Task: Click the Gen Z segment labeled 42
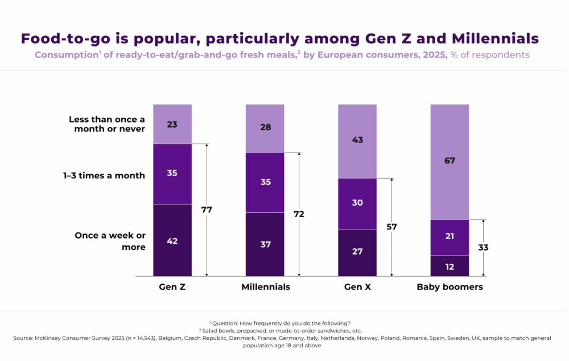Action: [172, 240]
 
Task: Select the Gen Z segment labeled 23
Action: [172, 124]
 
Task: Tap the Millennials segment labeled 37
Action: [265, 244]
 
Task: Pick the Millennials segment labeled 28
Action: [265, 128]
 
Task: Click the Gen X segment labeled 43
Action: [357, 141]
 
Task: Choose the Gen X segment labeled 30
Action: [357, 203]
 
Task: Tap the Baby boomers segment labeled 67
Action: [450, 161]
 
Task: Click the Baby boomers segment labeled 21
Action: [450, 237]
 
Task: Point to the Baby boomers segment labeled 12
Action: [450, 266]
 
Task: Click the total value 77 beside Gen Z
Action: [207, 210]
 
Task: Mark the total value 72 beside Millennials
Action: [299, 214]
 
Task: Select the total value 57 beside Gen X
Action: [391, 227]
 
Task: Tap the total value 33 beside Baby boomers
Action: [484, 248]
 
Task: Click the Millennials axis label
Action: [265, 287]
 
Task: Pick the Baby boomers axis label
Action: [450, 287]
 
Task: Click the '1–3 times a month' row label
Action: [104, 175]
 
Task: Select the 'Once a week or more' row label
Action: [110, 241]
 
